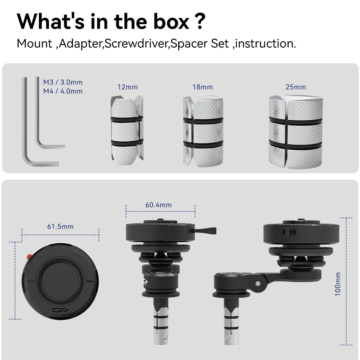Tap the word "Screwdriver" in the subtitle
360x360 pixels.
tap(137, 44)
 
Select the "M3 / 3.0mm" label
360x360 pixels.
tap(63, 82)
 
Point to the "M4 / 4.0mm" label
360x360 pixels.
tap(63, 91)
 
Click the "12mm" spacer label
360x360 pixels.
tap(128, 87)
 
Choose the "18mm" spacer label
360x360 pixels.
tap(203, 87)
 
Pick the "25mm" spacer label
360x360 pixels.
tap(296, 87)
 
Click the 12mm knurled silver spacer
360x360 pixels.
tap(127, 130)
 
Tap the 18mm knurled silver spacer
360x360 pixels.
tap(203, 132)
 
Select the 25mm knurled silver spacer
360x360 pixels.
tap(296, 132)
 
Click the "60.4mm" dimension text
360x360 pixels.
tap(158, 205)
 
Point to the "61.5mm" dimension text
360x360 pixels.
tap(60, 227)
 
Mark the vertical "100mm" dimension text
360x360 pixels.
tap(337, 284)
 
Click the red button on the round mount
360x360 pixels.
tap(29, 257)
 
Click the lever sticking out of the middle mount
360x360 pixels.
tap(204, 230)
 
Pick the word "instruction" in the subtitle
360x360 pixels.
tap(264, 44)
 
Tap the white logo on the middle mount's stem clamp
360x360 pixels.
tap(145, 281)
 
